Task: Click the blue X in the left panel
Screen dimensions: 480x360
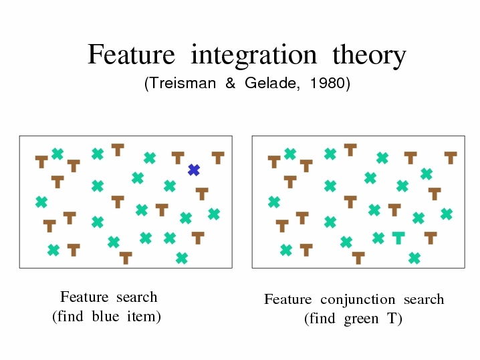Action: [x=194, y=170]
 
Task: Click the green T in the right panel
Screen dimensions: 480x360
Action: [x=398, y=238]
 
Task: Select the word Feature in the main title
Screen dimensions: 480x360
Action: [x=131, y=55]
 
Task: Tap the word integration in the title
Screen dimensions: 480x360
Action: [x=254, y=55]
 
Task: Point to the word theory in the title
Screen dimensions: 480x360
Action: [x=369, y=55]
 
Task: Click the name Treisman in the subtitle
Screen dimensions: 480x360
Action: [x=183, y=83]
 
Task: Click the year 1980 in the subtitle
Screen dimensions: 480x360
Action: [x=328, y=83]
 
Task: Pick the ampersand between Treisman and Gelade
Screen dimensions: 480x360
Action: [x=230, y=83]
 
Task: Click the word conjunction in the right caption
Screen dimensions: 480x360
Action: [x=358, y=300]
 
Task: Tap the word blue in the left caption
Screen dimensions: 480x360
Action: [x=106, y=316]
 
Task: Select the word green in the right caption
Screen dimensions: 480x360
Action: [x=361, y=319]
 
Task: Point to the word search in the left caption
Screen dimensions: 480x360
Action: [x=137, y=297]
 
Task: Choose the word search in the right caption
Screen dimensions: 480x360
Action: [x=424, y=299]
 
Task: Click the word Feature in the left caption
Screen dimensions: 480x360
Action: [x=84, y=297]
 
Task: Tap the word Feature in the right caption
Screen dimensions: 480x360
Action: [x=288, y=299]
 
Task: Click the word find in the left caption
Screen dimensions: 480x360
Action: [x=70, y=316]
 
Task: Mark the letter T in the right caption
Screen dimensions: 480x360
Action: [x=392, y=319]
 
